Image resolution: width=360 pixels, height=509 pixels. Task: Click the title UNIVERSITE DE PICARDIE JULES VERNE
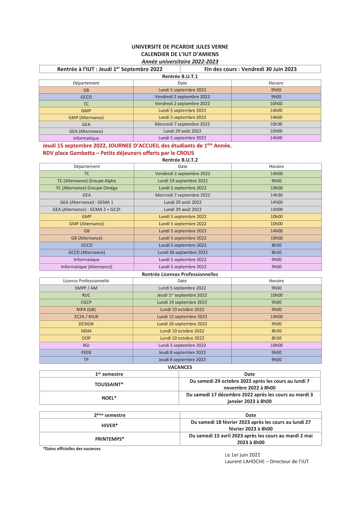click(x=180, y=47)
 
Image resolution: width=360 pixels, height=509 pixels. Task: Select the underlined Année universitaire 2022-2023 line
click(x=180, y=61)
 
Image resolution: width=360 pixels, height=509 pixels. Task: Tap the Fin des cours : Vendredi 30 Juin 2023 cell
click(x=250, y=69)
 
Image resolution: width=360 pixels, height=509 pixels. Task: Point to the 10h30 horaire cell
click(x=276, y=124)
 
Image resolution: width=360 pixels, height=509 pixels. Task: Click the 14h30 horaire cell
click(x=276, y=195)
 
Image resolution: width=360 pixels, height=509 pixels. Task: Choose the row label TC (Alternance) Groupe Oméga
click(x=86, y=188)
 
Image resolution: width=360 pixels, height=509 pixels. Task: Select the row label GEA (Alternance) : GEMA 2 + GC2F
click(x=86, y=209)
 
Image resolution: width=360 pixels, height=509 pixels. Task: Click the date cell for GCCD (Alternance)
click(x=182, y=253)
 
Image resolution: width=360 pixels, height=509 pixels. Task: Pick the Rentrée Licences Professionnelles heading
click(x=180, y=274)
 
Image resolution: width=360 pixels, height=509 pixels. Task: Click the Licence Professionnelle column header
click(x=86, y=281)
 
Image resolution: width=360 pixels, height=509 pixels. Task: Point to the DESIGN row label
click(x=86, y=324)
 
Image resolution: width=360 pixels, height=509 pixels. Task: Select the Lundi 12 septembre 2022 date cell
click(x=182, y=317)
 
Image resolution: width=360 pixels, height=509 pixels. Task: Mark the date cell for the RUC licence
click(x=182, y=295)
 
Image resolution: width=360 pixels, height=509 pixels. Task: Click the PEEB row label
click(x=86, y=353)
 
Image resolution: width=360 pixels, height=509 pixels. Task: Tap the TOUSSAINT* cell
click(x=109, y=385)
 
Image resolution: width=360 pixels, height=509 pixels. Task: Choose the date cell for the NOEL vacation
click(x=249, y=398)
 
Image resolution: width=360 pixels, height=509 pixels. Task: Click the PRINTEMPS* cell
click(x=110, y=439)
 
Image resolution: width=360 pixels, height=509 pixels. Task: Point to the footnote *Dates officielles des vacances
click(x=72, y=449)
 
